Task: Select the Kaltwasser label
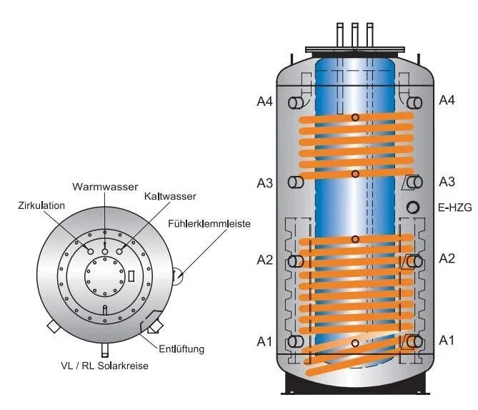click(x=169, y=195)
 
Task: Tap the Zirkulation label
click(x=42, y=205)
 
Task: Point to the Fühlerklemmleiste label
click(x=209, y=224)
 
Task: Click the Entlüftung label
click(x=183, y=349)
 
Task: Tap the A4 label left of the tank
click(x=265, y=101)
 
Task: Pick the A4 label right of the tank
click(x=447, y=101)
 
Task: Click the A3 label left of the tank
click(x=265, y=182)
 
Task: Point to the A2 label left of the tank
click(x=265, y=260)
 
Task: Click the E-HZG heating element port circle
click(x=414, y=208)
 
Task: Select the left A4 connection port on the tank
click(x=295, y=103)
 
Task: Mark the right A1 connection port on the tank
click(x=413, y=341)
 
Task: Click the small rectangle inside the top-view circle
click(x=131, y=275)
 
